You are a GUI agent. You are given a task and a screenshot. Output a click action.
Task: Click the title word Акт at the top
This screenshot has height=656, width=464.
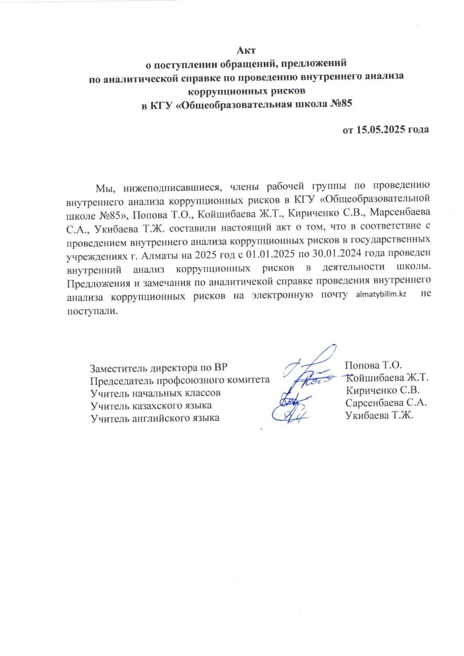tap(246, 50)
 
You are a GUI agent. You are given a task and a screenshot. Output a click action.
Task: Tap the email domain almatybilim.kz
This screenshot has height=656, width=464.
tap(381, 295)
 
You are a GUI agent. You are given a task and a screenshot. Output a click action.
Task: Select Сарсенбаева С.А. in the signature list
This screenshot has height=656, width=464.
tap(386, 403)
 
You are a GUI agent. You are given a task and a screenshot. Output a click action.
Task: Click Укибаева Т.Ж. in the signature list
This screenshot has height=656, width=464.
tap(379, 415)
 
